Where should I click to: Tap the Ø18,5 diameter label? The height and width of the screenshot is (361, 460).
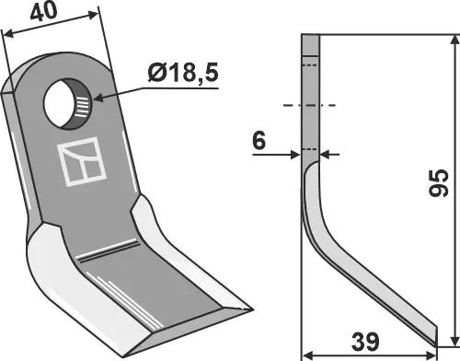point(183,73)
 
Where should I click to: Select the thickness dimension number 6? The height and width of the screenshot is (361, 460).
point(259,141)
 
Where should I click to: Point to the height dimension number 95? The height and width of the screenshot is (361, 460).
point(439,182)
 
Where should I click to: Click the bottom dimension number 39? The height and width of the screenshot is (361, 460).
point(365,342)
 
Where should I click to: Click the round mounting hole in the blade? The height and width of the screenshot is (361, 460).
point(67,104)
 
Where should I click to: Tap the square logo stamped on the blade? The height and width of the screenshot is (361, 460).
point(82,161)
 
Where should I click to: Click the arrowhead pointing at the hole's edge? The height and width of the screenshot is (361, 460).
point(98,99)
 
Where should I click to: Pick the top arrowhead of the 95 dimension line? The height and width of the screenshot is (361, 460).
point(454,41)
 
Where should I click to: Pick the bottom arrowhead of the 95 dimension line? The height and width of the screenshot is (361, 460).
point(454,340)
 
